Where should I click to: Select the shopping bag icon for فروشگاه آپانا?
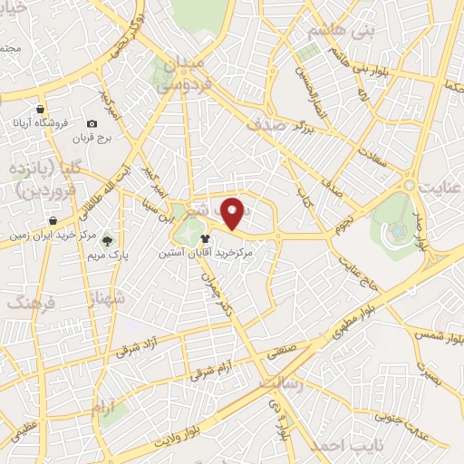[x=41, y=109]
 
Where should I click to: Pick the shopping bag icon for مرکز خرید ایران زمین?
[x=53, y=220]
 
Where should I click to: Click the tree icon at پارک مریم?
[x=107, y=241]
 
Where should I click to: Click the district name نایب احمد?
[x=333, y=446]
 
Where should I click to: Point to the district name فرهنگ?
[x=30, y=304]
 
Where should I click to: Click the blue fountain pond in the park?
[x=396, y=230]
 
